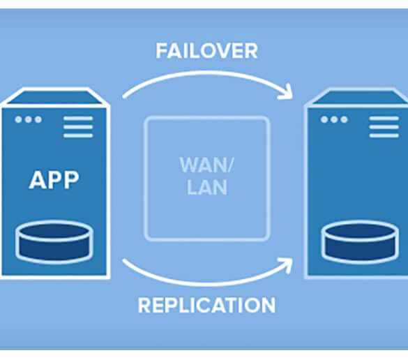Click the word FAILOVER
207,52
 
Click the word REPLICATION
206,305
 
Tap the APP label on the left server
54,180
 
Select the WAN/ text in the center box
207,165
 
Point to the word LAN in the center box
207,188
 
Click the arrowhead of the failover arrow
286,91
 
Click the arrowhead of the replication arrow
286,265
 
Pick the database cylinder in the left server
54,242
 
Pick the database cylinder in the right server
360,242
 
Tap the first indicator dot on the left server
18,119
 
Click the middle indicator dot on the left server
29,119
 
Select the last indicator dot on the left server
38,119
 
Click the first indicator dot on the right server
324,119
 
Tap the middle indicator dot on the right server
334,119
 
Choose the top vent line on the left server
78,119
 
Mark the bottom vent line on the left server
78,135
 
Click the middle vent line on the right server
384,127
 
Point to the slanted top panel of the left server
55,97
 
